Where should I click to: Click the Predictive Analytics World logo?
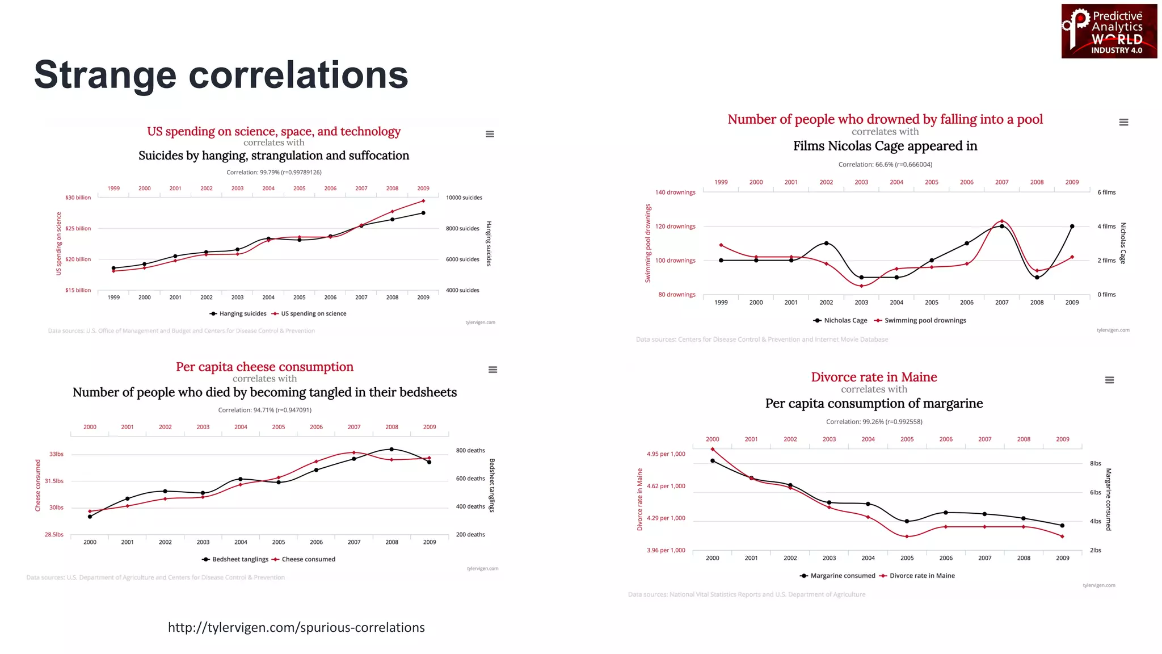pyautogui.click(x=1109, y=31)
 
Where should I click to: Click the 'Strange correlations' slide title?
pyautogui.click(x=221, y=75)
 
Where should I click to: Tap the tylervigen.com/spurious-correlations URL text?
pyautogui.click(x=296, y=627)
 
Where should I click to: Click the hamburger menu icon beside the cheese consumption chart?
pyautogui.click(x=492, y=370)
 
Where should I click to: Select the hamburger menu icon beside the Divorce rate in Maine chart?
pyautogui.click(x=1109, y=380)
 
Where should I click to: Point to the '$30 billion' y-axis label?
pyautogui.click(x=78, y=198)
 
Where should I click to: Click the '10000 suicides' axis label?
pyautogui.click(x=464, y=198)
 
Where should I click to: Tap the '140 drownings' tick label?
pyautogui.click(x=675, y=192)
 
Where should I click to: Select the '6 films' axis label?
pyautogui.click(x=1106, y=192)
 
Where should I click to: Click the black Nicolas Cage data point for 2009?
pyautogui.click(x=1072, y=227)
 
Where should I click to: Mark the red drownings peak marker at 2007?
pyautogui.click(x=1002, y=221)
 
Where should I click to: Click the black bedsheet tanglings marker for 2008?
pyautogui.click(x=391, y=449)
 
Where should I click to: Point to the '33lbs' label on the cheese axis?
pyautogui.click(x=56, y=454)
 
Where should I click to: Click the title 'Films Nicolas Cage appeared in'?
pyautogui.click(x=885, y=146)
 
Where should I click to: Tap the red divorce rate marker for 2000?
pyautogui.click(x=713, y=449)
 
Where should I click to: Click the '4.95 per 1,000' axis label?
pyautogui.click(x=666, y=454)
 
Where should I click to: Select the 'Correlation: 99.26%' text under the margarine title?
pyautogui.click(x=874, y=422)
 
